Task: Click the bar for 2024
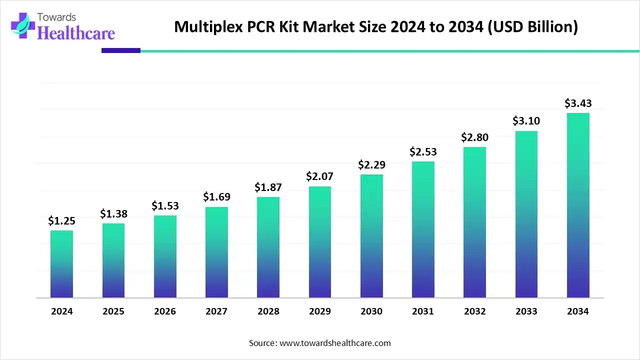point(61,264)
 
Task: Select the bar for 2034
point(578,205)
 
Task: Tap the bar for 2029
point(320,242)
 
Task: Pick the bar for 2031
point(423,229)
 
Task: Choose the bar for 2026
point(165,256)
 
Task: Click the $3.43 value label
point(578,103)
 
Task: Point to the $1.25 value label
point(61,220)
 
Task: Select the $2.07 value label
point(320,176)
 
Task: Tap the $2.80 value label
point(475,137)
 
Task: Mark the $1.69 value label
point(216,197)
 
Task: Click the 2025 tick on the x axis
point(113,311)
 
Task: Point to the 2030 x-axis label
point(371,311)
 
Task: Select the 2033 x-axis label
point(526,311)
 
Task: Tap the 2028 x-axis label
point(268,311)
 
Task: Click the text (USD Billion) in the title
point(538,27)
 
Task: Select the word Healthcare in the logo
point(76,33)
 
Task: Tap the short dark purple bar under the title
point(121,50)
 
